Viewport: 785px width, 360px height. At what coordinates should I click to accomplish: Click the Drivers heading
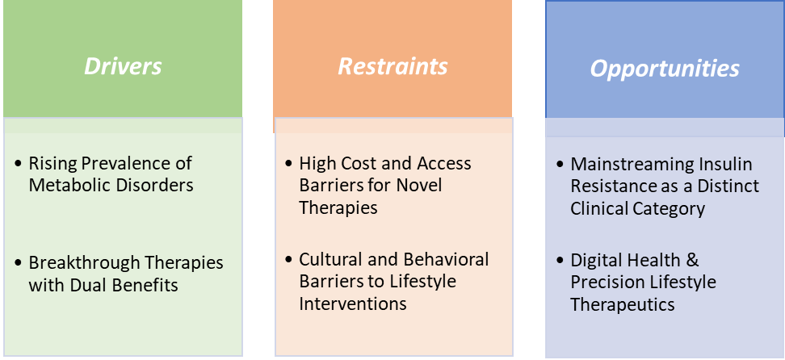[x=123, y=66]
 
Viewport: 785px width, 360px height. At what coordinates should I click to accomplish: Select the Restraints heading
[x=392, y=66]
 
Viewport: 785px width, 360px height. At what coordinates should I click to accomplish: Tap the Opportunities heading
[x=664, y=69]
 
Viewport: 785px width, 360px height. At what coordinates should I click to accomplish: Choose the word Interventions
[x=353, y=303]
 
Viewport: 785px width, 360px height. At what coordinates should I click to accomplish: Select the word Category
[x=668, y=208]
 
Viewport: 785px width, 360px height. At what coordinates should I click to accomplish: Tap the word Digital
[x=595, y=261]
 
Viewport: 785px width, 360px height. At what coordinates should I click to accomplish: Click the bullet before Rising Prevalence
[x=19, y=164]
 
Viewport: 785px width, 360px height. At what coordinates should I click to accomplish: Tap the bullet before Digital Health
[x=560, y=261]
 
